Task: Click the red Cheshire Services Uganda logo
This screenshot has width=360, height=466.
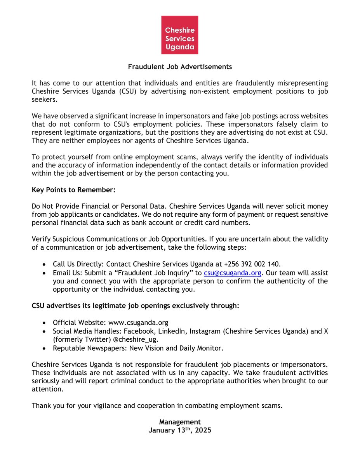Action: click(x=179, y=35)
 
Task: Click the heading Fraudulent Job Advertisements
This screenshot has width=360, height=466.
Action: click(x=180, y=67)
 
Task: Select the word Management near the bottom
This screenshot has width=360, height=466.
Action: click(x=180, y=422)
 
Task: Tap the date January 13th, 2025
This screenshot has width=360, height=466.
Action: click(x=180, y=430)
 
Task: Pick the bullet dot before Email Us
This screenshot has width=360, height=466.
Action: click(x=45, y=274)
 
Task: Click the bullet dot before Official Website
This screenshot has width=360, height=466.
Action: click(x=45, y=323)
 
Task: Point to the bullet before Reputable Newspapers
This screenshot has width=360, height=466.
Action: click(x=45, y=348)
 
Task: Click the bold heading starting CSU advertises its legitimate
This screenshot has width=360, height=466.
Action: click(x=136, y=306)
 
